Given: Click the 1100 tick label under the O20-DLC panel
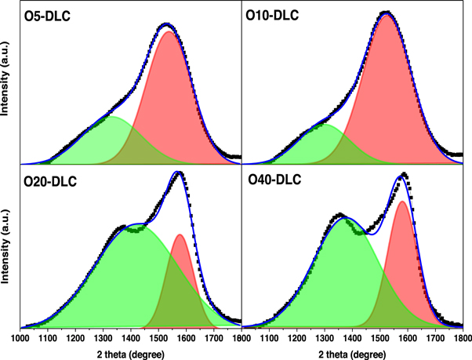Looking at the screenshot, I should coord(47,339).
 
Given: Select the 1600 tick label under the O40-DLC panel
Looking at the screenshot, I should coord(407,339).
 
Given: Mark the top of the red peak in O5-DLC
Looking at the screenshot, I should coord(168,32).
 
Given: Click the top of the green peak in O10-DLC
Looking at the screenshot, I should coord(325,125).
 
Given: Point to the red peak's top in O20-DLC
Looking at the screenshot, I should coord(180,235).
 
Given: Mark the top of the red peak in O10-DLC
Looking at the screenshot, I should coord(387,16).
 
